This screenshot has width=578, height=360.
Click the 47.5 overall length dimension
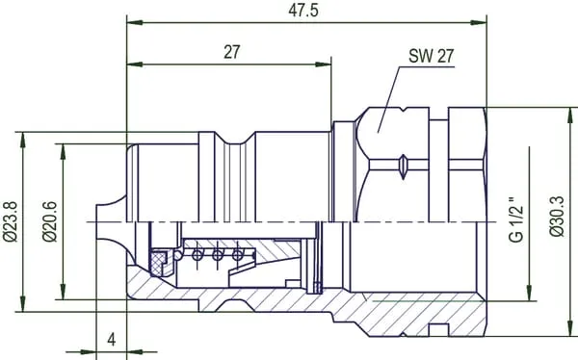pyautogui.click(x=303, y=11)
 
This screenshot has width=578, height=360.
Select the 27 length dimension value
pyautogui.click(x=232, y=52)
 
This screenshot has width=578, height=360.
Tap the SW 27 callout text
pyautogui.click(x=431, y=57)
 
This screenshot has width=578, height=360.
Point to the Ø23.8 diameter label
pyautogui.click(x=10, y=221)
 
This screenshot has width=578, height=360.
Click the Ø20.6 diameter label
pyautogui.click(x=50, y=221)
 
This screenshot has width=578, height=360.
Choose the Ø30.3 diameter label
pyautogui.click(x=557, y=217)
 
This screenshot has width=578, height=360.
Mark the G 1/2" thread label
pyautogui.click(x=516, y=219)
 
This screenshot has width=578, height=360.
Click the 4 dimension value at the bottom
pyautogui.click(x=112, y=340)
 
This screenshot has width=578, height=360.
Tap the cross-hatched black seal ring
pyautogui.click(x=158, y=263)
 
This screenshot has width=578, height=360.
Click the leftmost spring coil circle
pyautogui.click(x=197, y=254)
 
